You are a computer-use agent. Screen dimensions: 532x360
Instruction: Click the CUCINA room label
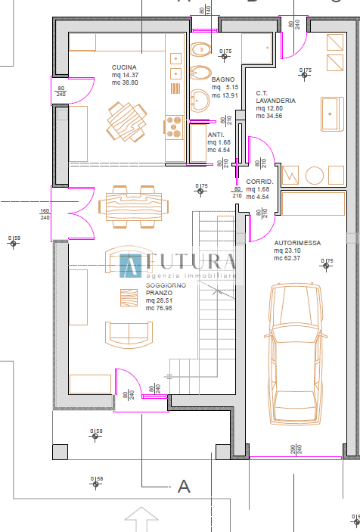(124, 67)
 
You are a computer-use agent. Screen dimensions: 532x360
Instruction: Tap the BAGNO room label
(223, 79)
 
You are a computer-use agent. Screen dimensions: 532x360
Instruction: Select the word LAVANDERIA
(275, 100)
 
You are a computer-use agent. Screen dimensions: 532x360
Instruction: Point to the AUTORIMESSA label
(297, 244)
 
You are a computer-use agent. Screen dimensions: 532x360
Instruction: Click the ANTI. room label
(216, 134)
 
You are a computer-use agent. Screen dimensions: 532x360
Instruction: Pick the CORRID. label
(259, 182)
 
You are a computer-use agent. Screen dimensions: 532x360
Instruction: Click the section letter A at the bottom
(183, 486)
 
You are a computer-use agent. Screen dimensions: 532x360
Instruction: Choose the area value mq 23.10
(288, 251)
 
